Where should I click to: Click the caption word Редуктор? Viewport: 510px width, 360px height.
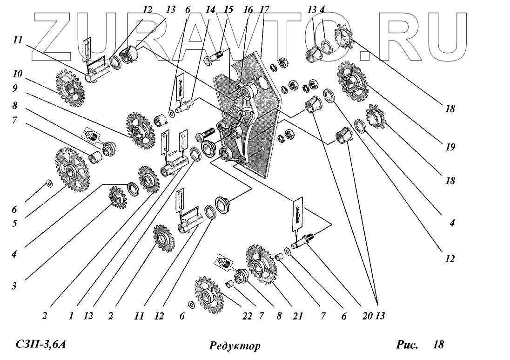(235, 346)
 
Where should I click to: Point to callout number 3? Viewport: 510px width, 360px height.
(14, 285)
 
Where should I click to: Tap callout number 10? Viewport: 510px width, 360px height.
(18, 75)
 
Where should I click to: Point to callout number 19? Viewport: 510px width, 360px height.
(450, 147)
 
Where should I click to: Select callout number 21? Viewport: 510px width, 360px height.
(297, 316)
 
